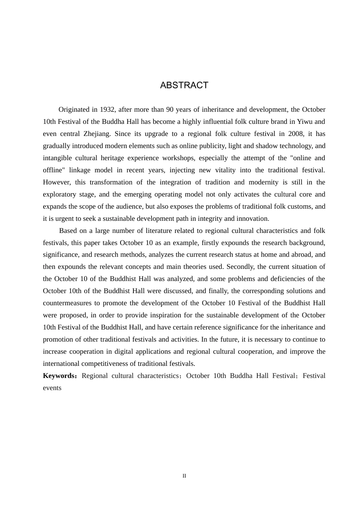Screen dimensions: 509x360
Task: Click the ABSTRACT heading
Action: (184, 85)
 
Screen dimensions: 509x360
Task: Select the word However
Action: (56, 182)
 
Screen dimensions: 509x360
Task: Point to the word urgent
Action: (62, 219)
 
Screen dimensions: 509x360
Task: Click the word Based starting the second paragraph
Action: (68, 231)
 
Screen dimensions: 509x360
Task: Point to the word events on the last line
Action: (52, 388)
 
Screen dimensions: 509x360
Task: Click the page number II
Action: (184, 476)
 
